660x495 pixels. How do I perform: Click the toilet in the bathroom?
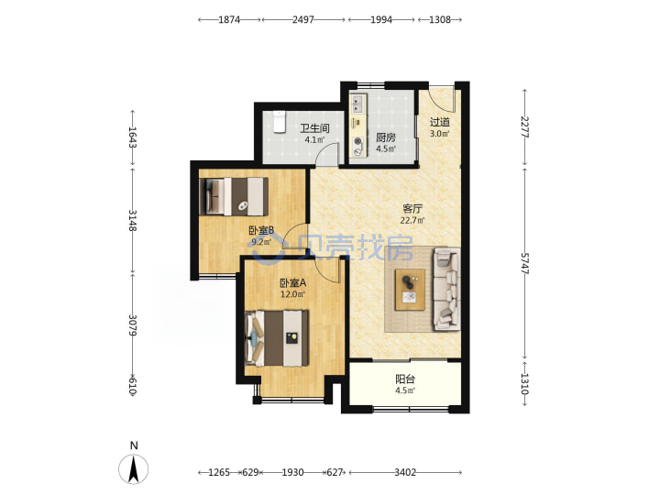tap(279, 122)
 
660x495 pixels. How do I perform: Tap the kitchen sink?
tap(357, 104)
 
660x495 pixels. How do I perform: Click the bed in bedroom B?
tap(234, 196)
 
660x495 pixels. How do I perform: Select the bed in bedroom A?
tap(277, 338)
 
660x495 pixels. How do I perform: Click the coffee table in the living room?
tap(410, 290)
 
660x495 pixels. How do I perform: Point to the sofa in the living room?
tap(446, 289)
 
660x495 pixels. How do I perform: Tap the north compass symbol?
tap(134, 464)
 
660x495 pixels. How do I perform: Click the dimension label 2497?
tap(303, 19)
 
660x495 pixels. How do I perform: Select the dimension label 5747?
tap(524, 263)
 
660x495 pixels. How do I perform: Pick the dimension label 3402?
tap(405, 472)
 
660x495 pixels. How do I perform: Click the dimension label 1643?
tap(133, 137)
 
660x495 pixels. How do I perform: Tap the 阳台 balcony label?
tap(405, 379)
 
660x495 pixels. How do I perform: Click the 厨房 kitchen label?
tap(386, 137)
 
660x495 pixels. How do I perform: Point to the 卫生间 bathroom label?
tap(314, 128)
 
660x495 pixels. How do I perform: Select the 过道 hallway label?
tap(439, 122)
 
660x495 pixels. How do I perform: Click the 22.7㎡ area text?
tap(412, 220)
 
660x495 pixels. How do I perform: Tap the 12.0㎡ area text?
tap(293, 294)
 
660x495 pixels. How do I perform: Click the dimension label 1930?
tap(292, 472)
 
